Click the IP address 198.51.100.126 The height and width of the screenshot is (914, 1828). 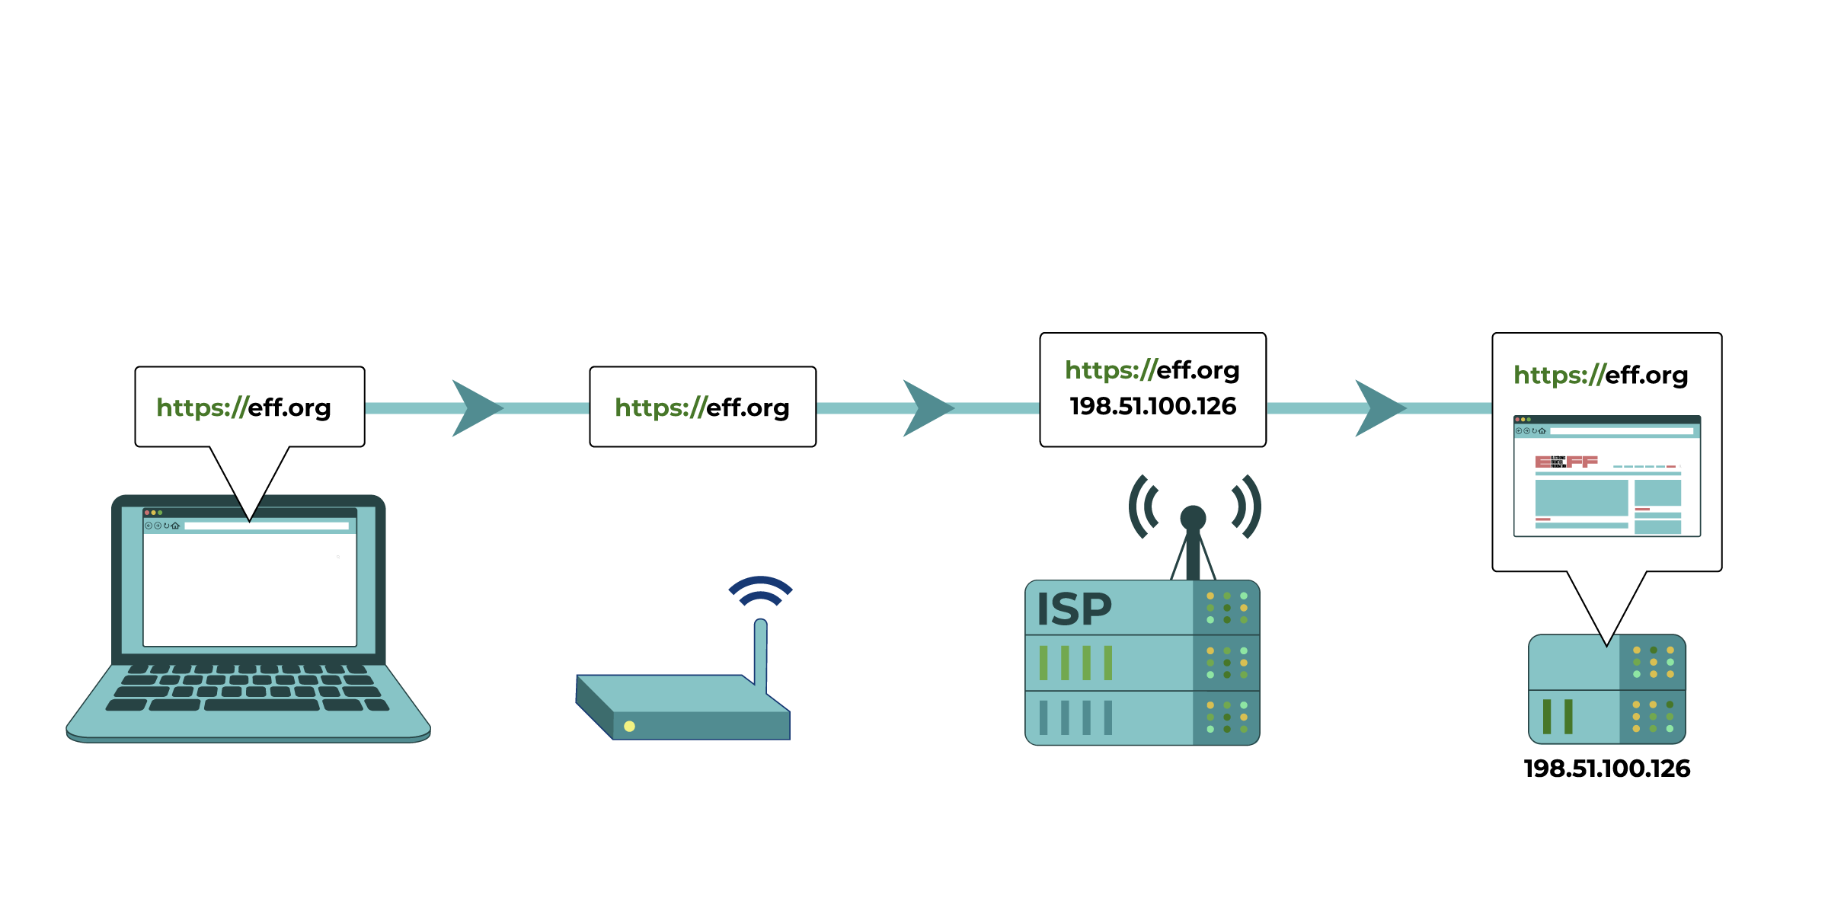click(x=1152, y=406)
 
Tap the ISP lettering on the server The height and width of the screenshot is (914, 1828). click(x=1074, y=609)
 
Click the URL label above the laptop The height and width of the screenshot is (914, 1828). click(x=244, y=407)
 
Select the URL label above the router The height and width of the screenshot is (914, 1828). click(x=701, y=407)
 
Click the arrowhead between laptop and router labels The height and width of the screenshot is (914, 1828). click(x=474, y=408)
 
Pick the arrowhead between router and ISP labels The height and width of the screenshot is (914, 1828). click(x=925, y=408)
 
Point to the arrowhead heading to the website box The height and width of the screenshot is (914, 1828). click(x=1376, y=408)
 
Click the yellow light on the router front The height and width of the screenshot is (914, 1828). click(x=629, y=726)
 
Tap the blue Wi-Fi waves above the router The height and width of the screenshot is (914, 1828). click(x=760, y=590)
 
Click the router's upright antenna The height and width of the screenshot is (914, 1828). click(x=760, y=651)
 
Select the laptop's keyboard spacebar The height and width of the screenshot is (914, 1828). click(x=261, y=705)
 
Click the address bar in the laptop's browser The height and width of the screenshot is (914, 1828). click(x=267, y=526)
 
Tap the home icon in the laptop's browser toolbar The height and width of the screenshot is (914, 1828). click(x=175, y=526)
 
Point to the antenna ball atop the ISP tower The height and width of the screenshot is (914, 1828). click(x=1193, y=518)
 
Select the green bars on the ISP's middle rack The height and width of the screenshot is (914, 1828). click(x=1075, y=663)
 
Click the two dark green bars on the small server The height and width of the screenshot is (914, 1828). click(x=1557, y=717)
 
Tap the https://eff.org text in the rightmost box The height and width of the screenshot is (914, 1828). click(x=1600, y=375)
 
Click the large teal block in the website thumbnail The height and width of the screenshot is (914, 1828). click(x=1581, y=497)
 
